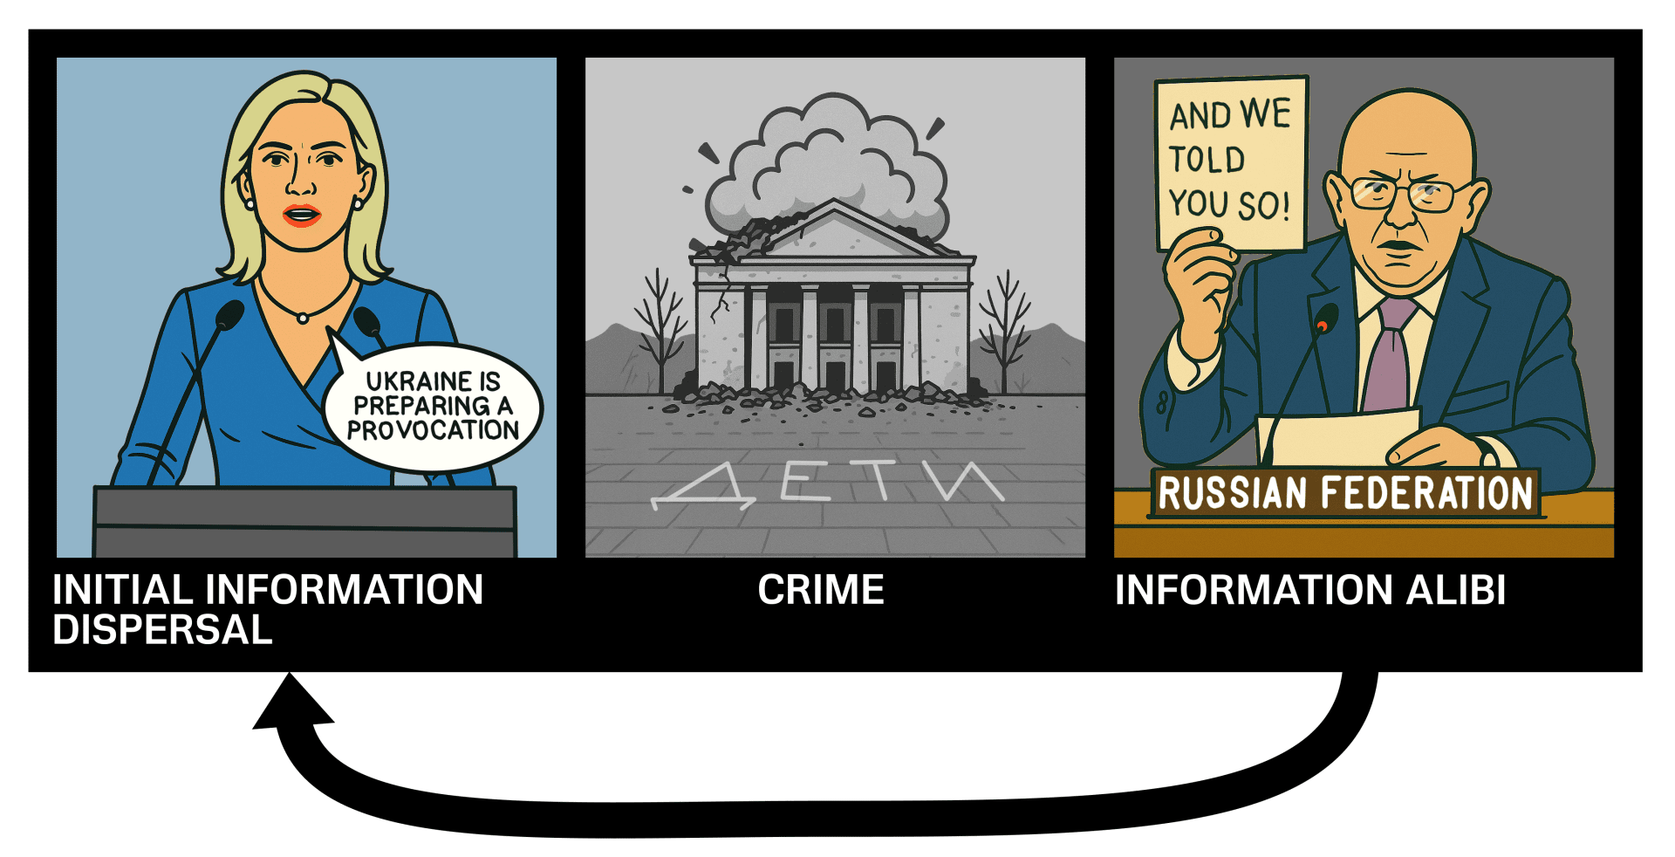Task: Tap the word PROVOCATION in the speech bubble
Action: tap(433, 430)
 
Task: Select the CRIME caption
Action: tap(821, 590)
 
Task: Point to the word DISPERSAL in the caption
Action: tap(162, 629)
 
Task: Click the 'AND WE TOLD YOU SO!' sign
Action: tap(1230, 163)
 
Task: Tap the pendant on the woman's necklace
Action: tap(303, 319)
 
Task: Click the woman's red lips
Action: tap(302, 215)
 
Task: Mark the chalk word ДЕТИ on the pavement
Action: tap(827, 483)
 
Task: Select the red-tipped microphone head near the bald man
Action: tap(1324, 319)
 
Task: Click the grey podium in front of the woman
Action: tap(305, 521)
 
